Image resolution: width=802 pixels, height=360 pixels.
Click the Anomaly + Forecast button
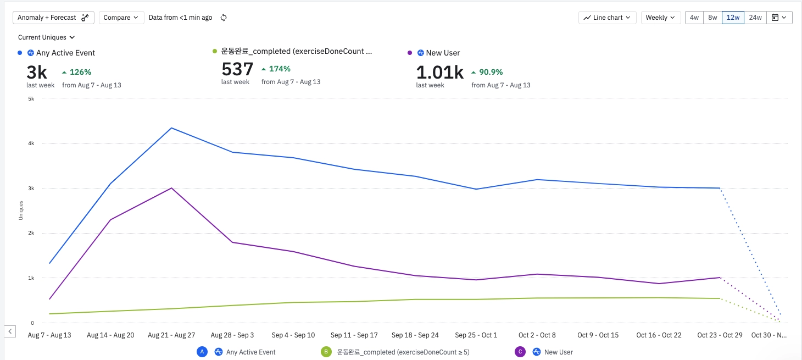tap(53, 18)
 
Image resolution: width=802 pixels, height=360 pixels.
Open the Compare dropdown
tap(121, 18)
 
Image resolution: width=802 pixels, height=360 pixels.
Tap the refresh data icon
tap(224, 18)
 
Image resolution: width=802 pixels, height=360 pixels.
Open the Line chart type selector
tap(607, 18)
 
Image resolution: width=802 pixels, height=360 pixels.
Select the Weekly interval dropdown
tap(660, 18)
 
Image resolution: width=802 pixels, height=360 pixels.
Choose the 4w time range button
tap(694, 18)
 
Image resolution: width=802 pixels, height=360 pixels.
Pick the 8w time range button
tap(712, 18)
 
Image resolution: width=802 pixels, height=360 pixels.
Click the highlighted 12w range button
tap(733, 18)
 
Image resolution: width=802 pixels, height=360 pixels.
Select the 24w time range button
tap(755, 18)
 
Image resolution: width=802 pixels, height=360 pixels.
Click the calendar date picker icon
tap(778, 18)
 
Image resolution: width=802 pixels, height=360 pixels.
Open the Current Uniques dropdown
tap(46, 37)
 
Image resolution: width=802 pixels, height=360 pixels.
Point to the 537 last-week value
tap(237, 69)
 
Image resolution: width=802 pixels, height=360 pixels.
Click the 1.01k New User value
tap(439, 72)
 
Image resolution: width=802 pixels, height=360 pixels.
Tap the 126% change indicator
tap(76, 72)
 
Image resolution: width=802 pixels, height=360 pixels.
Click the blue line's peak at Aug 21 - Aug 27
tap(171, 128)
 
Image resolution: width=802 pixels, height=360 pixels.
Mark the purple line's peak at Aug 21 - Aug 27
tap(171, 188)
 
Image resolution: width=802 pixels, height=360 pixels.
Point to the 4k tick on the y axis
tap(31, 143)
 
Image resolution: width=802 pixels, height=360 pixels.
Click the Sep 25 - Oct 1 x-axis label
tap(476, 335)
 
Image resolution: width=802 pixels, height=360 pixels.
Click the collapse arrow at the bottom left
tap(10, 331)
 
